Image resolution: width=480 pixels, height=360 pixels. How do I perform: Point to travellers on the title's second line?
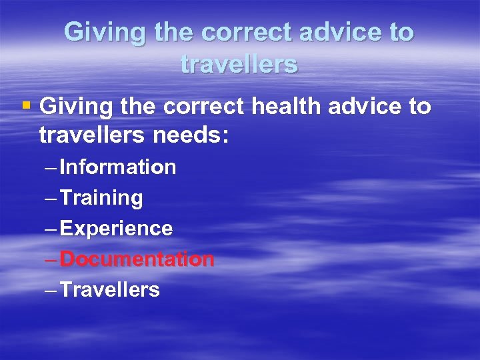tap(239, 64)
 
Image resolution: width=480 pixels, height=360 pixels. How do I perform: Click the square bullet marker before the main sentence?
tap(27, 105)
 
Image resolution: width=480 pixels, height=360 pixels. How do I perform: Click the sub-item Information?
tap(117, 167)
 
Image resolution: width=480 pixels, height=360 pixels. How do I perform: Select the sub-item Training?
tap(101, 197)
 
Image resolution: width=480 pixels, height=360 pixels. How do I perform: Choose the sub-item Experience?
tap(116, 229)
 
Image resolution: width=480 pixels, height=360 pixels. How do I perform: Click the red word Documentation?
tap(137, 259)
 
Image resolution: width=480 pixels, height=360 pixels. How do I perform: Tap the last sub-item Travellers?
tap(109, 289)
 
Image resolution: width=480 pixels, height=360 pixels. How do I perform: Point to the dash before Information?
tap(51, 167)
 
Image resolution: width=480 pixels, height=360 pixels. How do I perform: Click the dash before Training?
tap(51, 198)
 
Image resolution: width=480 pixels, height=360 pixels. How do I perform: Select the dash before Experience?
tap(51, 229)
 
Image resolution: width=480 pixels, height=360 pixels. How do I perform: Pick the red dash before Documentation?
tap(51, 259)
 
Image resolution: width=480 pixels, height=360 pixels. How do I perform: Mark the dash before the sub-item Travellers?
tap(51, 290)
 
